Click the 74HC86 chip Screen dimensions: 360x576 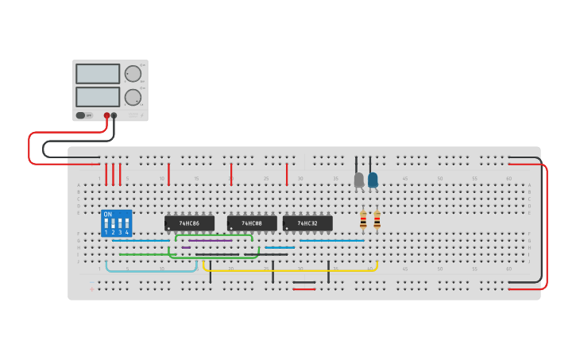pyautogui.click(x=189, y=223)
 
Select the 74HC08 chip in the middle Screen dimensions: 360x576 pyautogui.click(x=252, y=223)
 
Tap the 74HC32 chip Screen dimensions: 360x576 pyautogui.click(x=307, y=223)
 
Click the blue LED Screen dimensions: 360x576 pyautogui.click(x=373, y=180)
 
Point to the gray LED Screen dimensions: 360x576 pyautogui.click(x=359, y=180)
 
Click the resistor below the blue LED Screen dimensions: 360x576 pyautogui.click(x=377, y=219)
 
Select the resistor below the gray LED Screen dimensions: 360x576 pyautogui.click(x=363, y=219)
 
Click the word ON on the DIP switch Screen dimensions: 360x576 pyautogui.click(x=108, y=215)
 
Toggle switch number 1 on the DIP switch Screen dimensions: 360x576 pyautogui.click(x=106, y=225)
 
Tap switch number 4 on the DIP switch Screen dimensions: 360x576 pyautogui.click(x=127, y=225)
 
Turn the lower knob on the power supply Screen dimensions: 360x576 pyautogui.click(x=133, y=97)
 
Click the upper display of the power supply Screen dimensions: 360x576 pyautogui.click(x=98, y=73)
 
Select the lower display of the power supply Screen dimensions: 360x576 pyautogui.click(x=98, y=97)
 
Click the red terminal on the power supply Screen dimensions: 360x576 pyautogui.click(x=106, y=115)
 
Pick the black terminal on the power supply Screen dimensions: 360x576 pyautogui.click(x=114, y=115)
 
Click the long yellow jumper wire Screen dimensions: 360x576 pyautogui.click(x=290, y=271)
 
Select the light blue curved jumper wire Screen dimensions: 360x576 pyautogui.click(x=151, y=271)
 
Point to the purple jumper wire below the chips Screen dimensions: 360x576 pyautogui.click(x=211, y=240)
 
